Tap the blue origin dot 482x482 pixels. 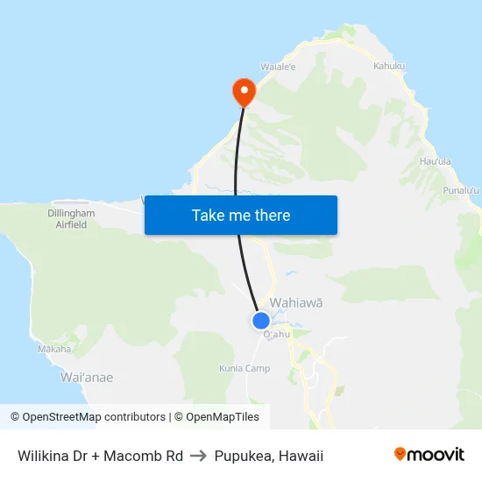point(261,321)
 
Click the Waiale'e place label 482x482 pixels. point(278,66)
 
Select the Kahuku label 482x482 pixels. point(389,66)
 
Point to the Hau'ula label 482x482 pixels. point(435,161)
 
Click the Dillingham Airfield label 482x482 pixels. point(71,218)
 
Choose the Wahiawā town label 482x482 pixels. point(296,302)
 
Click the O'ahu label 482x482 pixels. point(276,334)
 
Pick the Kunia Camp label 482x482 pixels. point(245,368)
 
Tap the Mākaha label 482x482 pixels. point(54,349)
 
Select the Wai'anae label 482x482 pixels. point(87,377)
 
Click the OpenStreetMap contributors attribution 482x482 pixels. point(94,417)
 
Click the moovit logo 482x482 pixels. point(429,454)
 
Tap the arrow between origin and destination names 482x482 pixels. point(198,456)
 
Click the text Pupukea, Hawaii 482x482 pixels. point(269,456)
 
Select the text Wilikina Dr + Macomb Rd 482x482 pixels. point(100,456)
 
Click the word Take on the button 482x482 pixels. point(209,215)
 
